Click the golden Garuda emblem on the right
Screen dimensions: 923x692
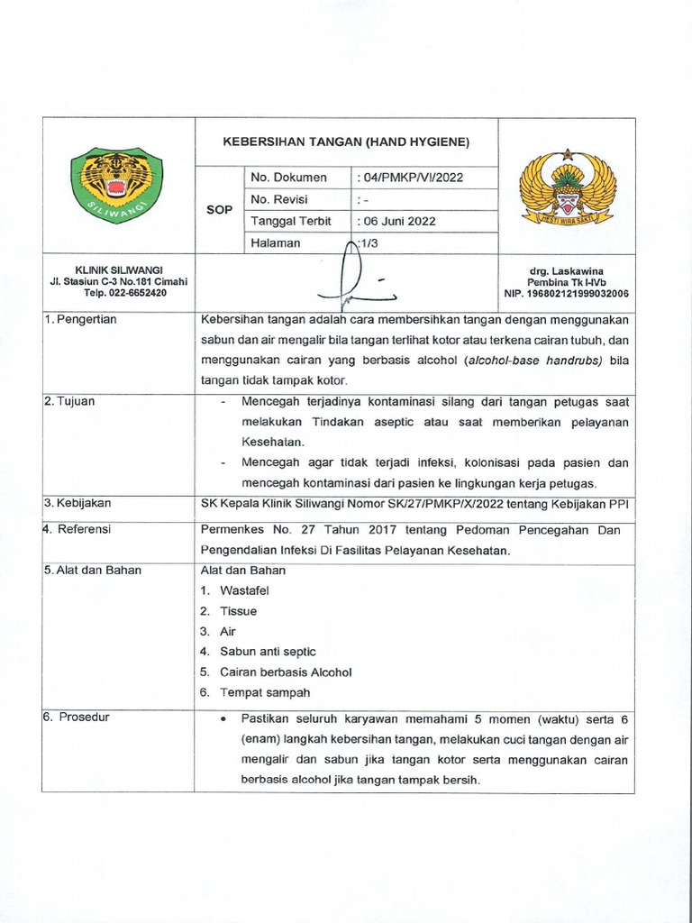[x=568, y=187]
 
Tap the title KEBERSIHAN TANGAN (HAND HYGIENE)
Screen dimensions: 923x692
[x=346, y=142]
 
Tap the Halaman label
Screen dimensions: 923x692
[x=276, y=243]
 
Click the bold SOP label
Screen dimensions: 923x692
[x=220, y=210]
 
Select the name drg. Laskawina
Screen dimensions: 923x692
[x=567, y=271]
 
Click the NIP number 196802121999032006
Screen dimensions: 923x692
[x=566, y=294]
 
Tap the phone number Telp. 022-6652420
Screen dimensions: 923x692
[x=124, y=293]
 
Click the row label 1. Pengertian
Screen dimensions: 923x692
[x=81, y=320]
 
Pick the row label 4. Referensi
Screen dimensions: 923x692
[x=77, y=530]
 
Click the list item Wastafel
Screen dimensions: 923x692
[x=244, y=590]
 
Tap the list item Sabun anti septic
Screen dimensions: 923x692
[x=268, y=652]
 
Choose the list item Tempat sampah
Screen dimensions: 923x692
[x=265, y=692]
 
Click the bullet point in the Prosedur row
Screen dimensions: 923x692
[x=223, y=720]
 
